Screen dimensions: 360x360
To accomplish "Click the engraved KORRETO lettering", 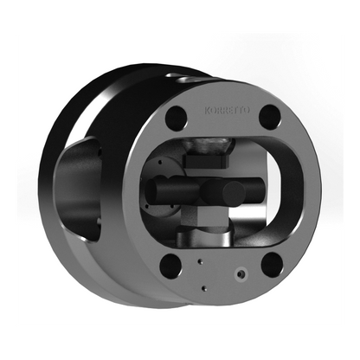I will click(x=222, y=111).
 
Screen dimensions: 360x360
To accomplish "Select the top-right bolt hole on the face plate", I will click(x=270, y=116).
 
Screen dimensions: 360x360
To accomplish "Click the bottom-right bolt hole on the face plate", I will click(x=271, y=264).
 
